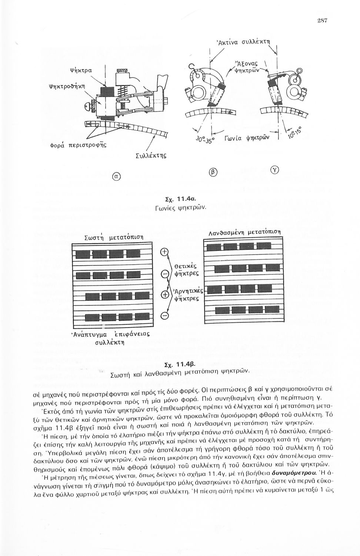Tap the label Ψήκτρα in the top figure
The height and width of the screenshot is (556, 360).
(x=79, y=69)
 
